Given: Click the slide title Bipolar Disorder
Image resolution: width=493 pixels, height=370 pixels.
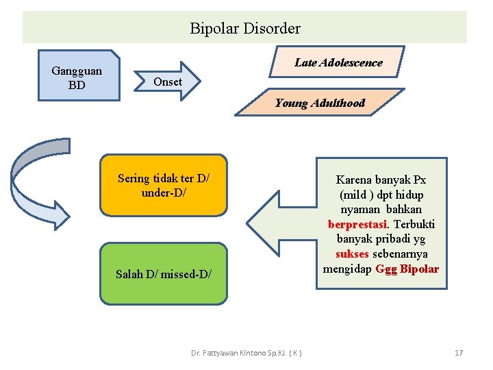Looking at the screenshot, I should click(244, 29).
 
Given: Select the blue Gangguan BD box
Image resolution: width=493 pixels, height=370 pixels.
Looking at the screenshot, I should click(77, 77).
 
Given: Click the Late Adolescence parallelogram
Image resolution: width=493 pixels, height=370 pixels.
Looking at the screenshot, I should click(338, 62).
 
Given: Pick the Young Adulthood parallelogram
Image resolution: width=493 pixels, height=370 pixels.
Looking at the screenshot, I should click(320, 103).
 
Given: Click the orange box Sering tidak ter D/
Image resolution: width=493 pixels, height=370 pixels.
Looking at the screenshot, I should click(164, 185).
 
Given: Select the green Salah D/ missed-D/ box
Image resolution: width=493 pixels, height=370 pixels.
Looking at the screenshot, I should click(164, 274).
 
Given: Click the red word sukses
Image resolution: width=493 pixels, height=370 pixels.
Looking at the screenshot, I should click(352, 254).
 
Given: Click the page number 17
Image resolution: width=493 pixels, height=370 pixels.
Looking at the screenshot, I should click(459, 353).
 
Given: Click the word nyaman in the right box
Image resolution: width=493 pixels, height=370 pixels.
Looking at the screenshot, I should click(362, 209).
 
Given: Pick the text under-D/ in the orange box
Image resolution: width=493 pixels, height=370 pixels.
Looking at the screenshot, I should click(164, 193).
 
